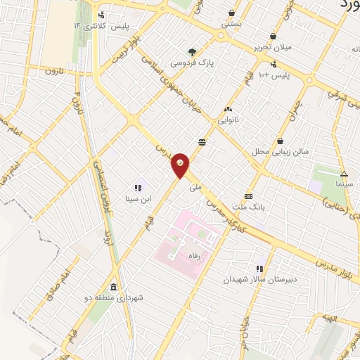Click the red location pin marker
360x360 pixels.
pos(181,164)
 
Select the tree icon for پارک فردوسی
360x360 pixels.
pos(192,51)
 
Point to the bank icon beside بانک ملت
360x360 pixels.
pos(248,196)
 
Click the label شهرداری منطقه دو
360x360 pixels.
pos(120,298)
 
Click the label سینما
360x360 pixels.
pos(343,184)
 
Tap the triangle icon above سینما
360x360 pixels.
pos(344,174)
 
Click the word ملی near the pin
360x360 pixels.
pos(195,187)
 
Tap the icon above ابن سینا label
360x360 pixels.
pos(138,188)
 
